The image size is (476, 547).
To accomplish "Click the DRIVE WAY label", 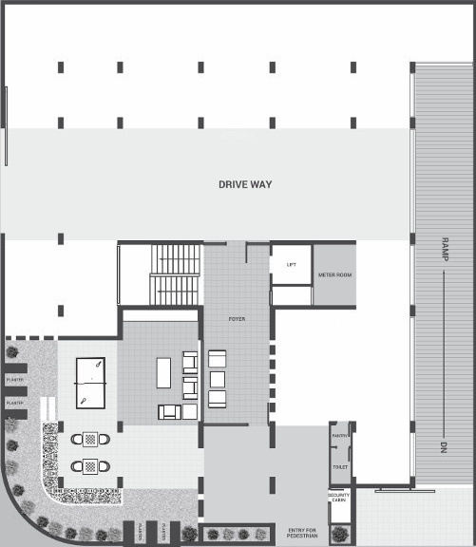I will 245,184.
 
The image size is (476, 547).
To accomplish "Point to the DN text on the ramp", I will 443,447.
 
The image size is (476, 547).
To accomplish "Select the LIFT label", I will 292,265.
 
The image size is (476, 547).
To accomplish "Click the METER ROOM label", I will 334,275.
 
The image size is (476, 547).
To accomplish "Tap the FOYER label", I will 237,319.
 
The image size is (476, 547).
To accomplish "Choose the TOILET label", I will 340,467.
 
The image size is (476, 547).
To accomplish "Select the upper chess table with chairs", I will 90,439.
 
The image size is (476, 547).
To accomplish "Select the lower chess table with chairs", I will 90,466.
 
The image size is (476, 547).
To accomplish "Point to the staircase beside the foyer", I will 177,274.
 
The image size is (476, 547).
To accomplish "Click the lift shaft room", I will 291,266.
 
